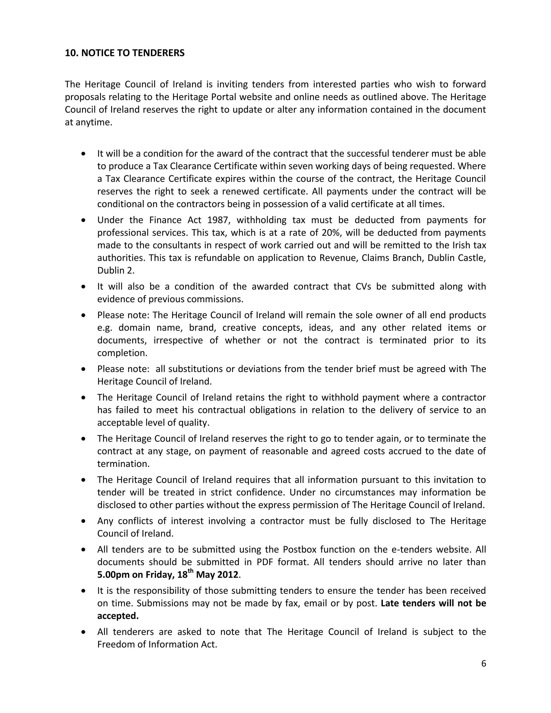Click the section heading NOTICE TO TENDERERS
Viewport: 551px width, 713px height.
(x=124, y=53)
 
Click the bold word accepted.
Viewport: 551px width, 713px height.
(x=118, y=616)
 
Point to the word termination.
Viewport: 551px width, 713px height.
(x=123, y=464)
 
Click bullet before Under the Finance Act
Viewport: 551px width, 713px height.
(x=84, y=221)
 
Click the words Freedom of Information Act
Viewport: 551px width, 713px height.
(x=157, y=644)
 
